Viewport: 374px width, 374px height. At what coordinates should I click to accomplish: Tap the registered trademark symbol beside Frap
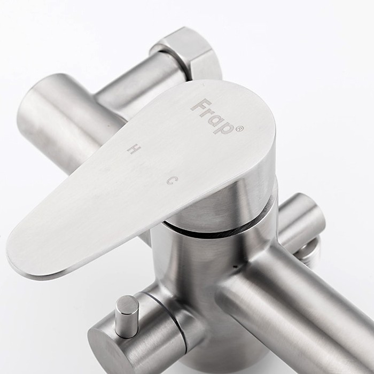tap(240, 129)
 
